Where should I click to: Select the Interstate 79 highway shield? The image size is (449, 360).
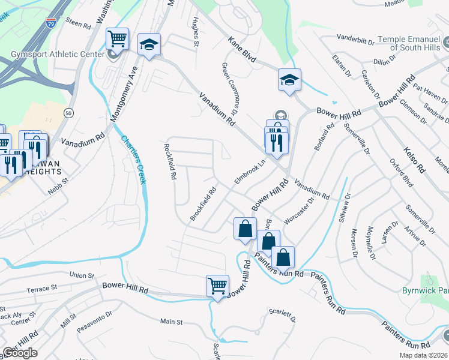(52, 23)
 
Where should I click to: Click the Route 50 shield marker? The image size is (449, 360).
(70, 113)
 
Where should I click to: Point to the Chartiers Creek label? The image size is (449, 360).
(134, 160)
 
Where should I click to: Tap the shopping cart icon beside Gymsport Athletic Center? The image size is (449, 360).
(118, 40)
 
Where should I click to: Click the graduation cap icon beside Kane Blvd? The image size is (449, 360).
(289, 79)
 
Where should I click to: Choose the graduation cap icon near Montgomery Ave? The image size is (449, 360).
(149, 44)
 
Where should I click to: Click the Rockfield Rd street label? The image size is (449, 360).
(169, 161)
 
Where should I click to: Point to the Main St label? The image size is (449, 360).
(171, 322)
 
